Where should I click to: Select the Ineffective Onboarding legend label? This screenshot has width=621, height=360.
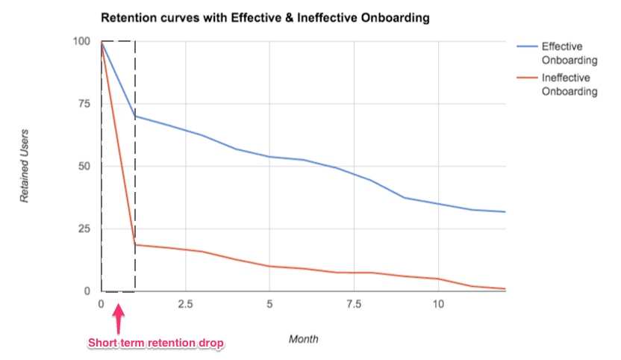click(569, 84)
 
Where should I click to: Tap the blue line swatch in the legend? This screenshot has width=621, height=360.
click(526, 46)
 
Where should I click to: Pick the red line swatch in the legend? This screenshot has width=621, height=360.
click(526, 78)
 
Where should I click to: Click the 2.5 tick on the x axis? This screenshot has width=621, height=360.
click(185, 304)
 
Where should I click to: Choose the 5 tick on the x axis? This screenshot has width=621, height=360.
click(269, 304)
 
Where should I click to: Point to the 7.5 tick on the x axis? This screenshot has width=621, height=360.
click(354, 304)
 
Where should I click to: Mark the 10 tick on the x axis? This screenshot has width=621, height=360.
click(438, 304)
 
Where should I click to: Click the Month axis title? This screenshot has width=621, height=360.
click(303, 338)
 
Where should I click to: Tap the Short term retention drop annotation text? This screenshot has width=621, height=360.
click(156, 343)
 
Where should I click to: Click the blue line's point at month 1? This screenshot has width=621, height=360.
click(135, 117)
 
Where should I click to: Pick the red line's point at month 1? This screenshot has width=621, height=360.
click(135, 244)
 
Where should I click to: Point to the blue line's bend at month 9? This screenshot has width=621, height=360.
click(405, 198)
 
